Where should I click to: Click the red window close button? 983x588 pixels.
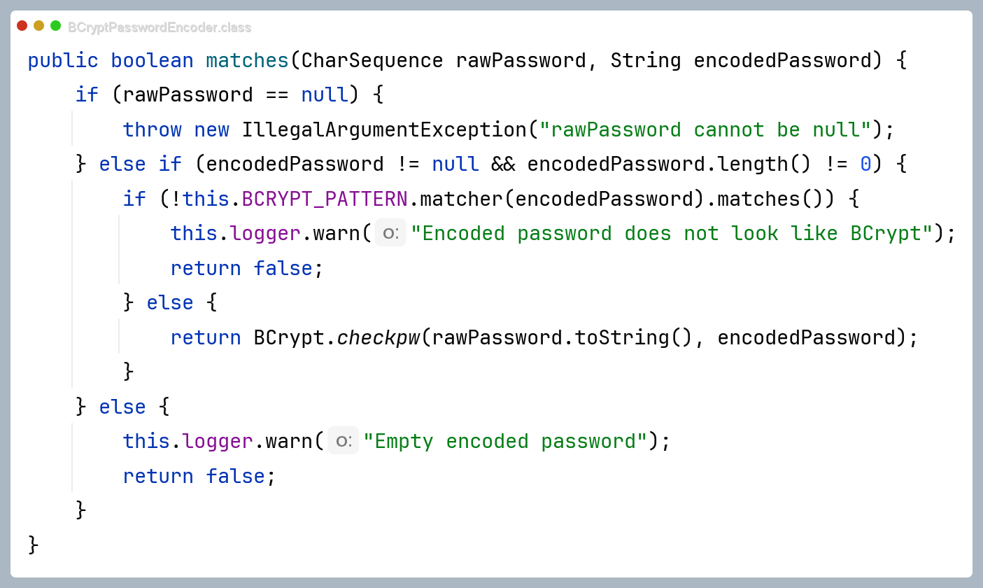click(22, 26)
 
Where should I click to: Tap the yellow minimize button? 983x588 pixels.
click(38, 26)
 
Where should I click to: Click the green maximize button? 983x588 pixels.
click(55, 26)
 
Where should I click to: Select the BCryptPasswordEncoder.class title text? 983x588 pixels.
click(160, 27)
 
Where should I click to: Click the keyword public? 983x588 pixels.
click(63, 61)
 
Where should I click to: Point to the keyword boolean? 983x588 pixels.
click(152, 61)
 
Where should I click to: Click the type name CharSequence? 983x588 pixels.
click(372, 61)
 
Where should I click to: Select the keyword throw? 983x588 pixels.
click(152, 130)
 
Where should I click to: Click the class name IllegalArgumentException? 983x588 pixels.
click(384, 130)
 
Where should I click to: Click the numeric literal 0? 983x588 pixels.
click(865, 164)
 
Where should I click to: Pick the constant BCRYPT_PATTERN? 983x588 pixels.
click(325, 199)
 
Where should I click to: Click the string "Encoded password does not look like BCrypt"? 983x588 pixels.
click(672, 234)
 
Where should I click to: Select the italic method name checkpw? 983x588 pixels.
click(379, 337)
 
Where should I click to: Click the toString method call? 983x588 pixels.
click(621, 337)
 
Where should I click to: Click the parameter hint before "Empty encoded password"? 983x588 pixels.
click(344, 440)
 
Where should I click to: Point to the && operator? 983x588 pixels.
click(503, 164)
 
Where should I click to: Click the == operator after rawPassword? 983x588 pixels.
click(277, 95)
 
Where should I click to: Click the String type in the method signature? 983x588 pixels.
click(646, 61)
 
